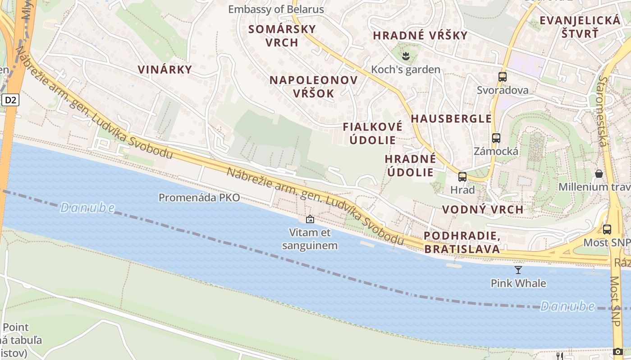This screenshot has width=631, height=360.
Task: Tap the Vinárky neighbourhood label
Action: (165, 69)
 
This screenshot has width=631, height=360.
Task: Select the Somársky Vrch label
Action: (282, 36)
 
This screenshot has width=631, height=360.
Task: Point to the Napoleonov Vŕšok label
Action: (314, 86)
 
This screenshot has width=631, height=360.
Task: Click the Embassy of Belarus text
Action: (276, 9)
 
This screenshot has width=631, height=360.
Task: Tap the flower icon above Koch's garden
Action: (406, 56)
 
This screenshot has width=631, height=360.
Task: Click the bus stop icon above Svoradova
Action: (503, 76)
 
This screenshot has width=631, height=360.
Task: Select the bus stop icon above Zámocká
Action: (496, 138)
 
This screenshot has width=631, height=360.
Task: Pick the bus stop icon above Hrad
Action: (462, 176)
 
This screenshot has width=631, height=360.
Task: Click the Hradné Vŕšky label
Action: (420, 35)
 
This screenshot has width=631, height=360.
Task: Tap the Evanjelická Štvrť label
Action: (580, 27)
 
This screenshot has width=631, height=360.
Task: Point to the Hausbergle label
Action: (451, 118)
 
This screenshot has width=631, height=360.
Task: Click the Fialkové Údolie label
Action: (373, 133)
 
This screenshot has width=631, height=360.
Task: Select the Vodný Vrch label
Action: (483, 209)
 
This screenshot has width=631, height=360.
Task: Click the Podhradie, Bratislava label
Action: (462, 242)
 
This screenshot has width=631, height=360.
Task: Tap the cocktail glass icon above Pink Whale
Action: (518, 270)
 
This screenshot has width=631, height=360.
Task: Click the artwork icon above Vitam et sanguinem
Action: (310, 219)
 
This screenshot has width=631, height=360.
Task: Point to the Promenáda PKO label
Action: (199, 197)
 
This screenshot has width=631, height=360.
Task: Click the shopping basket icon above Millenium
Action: (599, 173)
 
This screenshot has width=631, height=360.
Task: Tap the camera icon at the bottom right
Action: (618, 351)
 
